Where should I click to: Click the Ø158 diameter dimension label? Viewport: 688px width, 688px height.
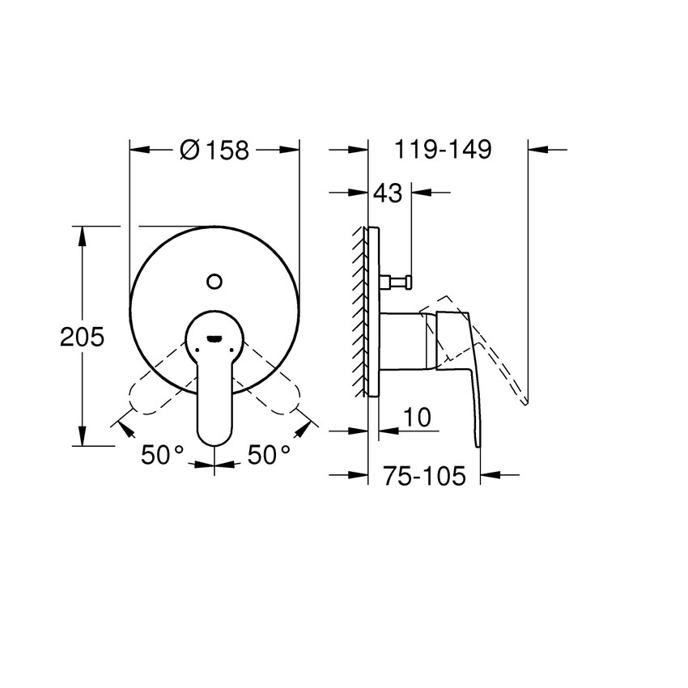coord(214,150)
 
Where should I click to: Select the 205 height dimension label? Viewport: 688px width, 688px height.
coord(83,337)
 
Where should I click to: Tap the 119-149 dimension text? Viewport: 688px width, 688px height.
coord(443,150)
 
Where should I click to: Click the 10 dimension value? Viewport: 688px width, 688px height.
coord(416,418)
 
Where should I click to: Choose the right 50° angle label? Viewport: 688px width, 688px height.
coord(268,455)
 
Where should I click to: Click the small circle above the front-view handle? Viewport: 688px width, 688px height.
coord(214,281)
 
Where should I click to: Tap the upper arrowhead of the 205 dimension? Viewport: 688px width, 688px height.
coord(82,234)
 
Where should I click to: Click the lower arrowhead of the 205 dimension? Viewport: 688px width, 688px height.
coord(82,438)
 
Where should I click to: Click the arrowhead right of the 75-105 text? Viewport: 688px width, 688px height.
coord(491,476)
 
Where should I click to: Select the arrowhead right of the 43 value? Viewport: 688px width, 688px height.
coord(420,193)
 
